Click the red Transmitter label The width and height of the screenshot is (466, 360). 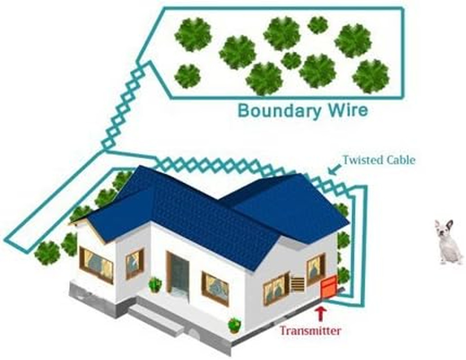310,330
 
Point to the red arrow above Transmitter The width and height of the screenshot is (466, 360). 320,315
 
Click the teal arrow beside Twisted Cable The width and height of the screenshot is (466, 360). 334,170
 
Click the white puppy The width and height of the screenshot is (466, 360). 448,242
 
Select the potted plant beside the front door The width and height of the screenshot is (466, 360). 155,285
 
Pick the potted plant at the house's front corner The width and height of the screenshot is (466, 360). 234,325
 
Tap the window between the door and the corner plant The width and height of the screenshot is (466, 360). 215,288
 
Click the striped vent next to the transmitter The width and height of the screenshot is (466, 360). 297,284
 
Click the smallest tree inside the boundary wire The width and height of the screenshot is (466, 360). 318,25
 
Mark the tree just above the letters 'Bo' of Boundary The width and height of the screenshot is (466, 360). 264,79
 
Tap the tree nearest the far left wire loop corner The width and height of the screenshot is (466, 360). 47,253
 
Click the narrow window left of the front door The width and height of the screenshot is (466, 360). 135,264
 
